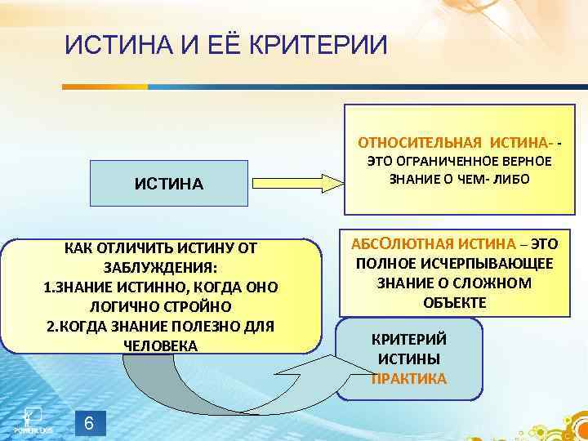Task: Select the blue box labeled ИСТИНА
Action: pos(169,183)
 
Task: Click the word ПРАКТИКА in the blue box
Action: pos(409,378)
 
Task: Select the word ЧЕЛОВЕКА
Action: pos(160,345)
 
